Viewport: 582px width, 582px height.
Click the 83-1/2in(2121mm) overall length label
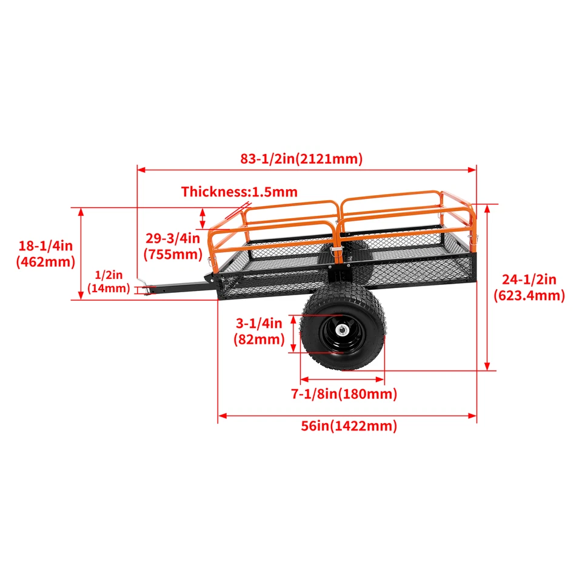pyautogui.click(x=301, y=159)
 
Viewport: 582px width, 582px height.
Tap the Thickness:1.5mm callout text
pyautogui.click(x=239, y=192)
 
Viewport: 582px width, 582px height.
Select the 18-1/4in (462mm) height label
pyautogui.click(x=46, y=254)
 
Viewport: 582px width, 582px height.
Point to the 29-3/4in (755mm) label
pyautogui.click(x=172, y=246)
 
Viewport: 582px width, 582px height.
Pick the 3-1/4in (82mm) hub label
pyautogui.click(x=259, y=331)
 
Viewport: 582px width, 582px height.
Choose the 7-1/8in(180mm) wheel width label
pyautogui.click(x=344, y=395)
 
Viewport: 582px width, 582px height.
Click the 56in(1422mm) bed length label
pyautogui.click(x=349, y=426)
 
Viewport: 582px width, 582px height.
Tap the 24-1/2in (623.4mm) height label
pyautogui.click(x=529, y=287)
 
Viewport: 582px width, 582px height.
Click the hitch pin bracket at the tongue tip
pyautogui.click(x=143, y=289)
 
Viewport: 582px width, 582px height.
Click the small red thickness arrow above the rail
pyautogui.click(x=237, y=213)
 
